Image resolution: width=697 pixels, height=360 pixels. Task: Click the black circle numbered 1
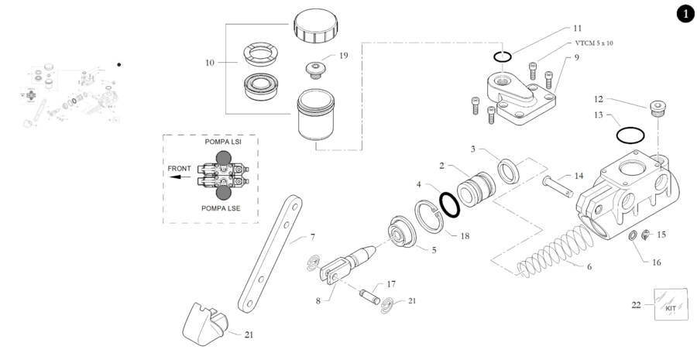(684, 13)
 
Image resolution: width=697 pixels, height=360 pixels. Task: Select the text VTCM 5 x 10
(594, 43)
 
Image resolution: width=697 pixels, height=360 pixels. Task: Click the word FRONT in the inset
(180, 167)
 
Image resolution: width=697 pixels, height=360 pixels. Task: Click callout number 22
(637, 305)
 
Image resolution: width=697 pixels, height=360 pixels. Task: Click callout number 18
(465, 235)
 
